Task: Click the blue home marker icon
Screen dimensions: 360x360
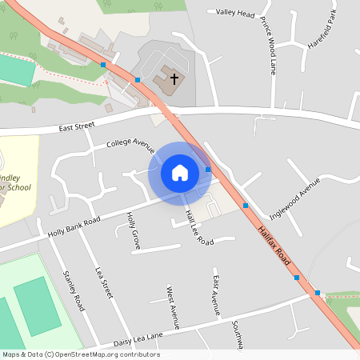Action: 179,173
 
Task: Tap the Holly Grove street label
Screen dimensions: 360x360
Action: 134,231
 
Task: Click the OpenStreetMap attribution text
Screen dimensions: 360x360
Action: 80,354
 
